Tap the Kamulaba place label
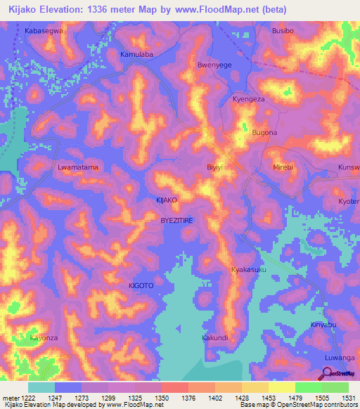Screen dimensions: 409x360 pyautogui.click(x=137, y=54)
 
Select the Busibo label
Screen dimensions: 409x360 pyautogui.click(x=285, y=32)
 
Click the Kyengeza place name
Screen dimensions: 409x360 pyautogui.click(x=248, y=100)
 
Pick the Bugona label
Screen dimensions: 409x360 pyautogui.click(x=265, y=133)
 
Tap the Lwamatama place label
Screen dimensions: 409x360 pyautogui.click(x=77, y=168)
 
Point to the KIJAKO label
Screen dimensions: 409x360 pyautogui.click(x=167, y=200)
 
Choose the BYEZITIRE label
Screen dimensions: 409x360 pyautogui.click(x=177, y=220)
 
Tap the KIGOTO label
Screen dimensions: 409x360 pyautogui.click(x=141, y=286)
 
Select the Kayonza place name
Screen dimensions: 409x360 pyautogui.click(x=44, y=338)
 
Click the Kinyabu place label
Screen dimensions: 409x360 pyautogui.click(x=324, y=325)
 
